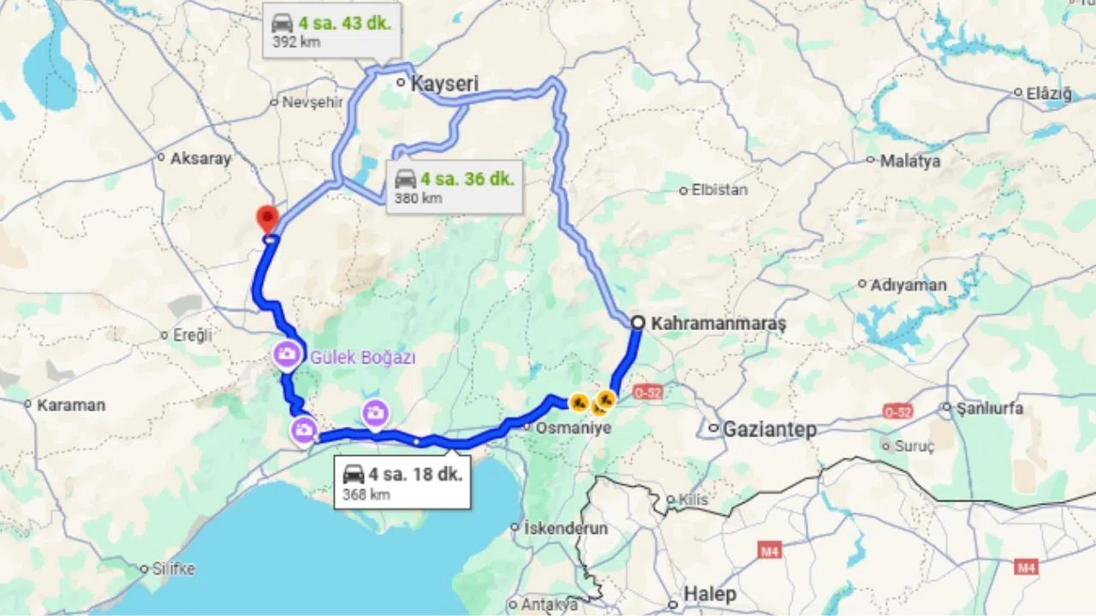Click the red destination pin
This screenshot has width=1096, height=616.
tap(268, 217)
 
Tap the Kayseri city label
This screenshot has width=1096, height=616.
tap(444, 84)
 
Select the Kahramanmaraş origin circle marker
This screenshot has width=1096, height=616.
tap(638, 323)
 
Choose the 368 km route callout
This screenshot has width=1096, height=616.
tap(402, 482)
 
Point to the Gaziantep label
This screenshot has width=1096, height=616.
tap(769, 429)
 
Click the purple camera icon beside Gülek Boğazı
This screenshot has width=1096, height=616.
tap(288, 353)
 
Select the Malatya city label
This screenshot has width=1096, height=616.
tap(909, 161)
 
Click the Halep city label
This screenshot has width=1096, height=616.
tap(710, 594)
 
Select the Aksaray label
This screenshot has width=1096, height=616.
tap(201, 158)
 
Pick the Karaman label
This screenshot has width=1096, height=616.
tap(70, 405)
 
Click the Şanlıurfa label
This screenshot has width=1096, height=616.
tap(990, 408)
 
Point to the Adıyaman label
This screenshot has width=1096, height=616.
tap(908, 285)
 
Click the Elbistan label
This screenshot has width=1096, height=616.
tap(719, 190)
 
